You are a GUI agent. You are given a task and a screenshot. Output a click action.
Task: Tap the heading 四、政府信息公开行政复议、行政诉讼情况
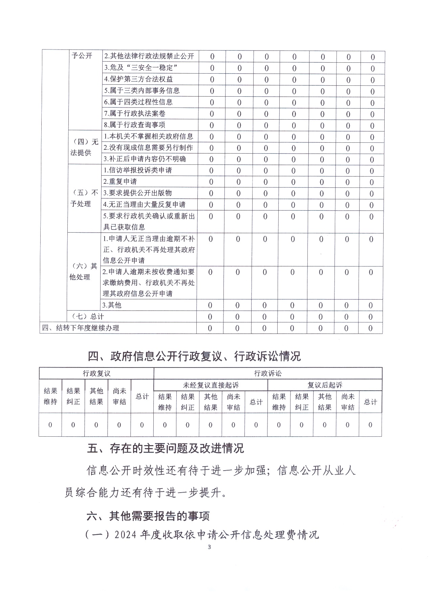[x=194, y=356]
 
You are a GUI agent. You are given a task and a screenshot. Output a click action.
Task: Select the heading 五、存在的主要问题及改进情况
[x=166, y=449]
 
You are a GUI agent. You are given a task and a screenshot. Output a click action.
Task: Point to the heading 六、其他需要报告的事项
[x=148, y=516]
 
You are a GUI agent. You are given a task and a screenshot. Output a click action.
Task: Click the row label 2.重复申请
[x=120, y=181]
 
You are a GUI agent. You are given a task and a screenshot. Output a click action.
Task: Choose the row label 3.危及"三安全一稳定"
[x=141, y=67]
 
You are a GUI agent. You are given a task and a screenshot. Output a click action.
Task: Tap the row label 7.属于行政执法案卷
[x=134, y=113]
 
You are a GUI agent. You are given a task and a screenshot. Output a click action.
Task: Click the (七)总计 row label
[x=88, y=317]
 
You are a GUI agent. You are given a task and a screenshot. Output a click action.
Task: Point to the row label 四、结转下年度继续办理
[x=81, y=328]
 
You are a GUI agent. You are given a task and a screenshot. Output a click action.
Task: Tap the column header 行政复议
[x=96, y=373]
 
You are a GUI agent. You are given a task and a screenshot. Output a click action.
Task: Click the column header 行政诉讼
[x=268, y=373]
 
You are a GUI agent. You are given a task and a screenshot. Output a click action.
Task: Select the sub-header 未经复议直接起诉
[x=211, y=385]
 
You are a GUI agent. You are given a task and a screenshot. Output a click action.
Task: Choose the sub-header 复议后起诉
[x=325, y=385]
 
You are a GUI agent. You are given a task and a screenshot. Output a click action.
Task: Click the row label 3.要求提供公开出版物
[x=137, y=193]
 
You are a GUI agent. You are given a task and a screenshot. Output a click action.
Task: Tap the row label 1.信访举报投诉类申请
[x=137, y=170]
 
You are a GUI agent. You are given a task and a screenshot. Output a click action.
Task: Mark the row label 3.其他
[x=112, y=305]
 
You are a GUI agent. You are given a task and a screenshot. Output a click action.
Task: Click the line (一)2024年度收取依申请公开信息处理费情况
[x=202, y=535]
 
